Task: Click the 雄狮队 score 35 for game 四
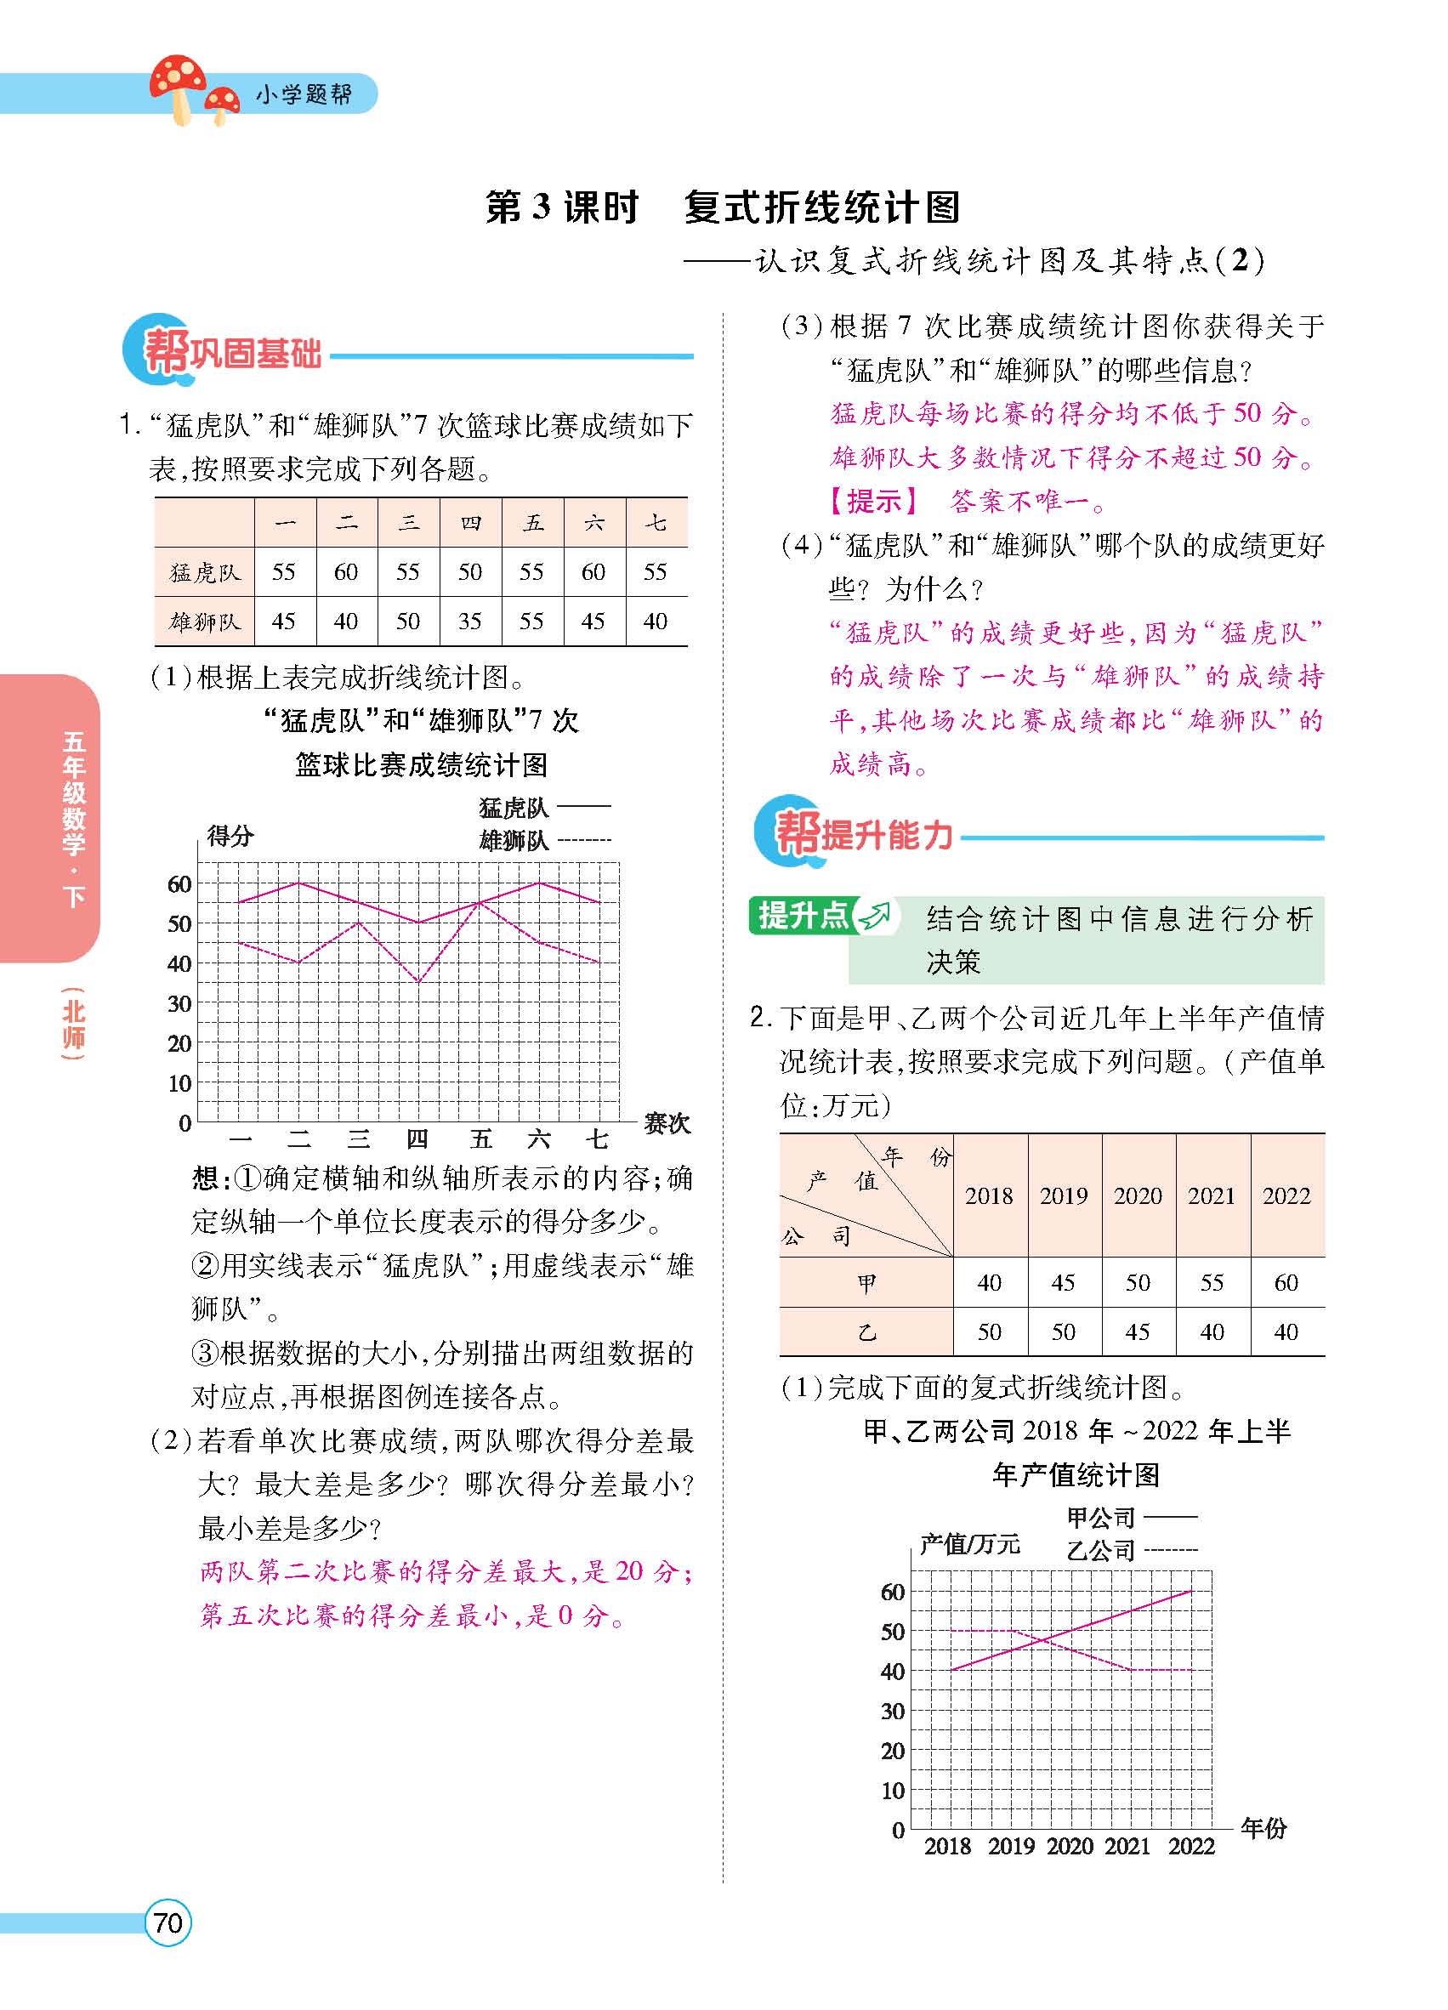pos(469,622)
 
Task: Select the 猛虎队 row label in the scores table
pos(205,572)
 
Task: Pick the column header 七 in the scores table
pos(656,523)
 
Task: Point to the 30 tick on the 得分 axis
pos(180,1003)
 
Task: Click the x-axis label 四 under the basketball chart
pos(417,1138)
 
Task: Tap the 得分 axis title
pos(230,835)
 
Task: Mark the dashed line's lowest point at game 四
pos(418,982)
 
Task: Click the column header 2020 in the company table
pos(1137,1195)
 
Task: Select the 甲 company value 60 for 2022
pos(1286,1282)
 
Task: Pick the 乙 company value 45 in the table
pos(1137,1332)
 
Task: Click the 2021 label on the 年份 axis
pos(1127,1846)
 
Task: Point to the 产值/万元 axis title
pos(969,1544)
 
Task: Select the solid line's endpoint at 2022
pos(1190,1591)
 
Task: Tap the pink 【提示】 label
pos(873,502)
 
